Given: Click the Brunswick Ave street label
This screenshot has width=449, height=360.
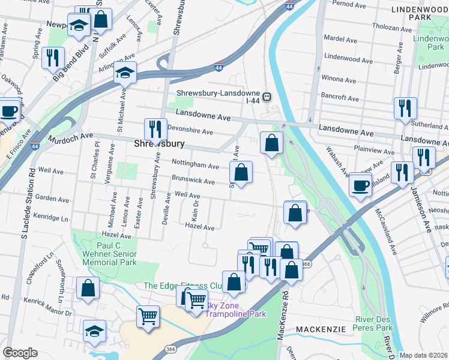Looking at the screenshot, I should (x=193, y=181).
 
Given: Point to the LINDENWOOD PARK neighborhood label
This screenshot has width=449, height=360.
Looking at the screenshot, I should (x=420, y=14).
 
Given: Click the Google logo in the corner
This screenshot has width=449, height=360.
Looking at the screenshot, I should (x=20, y=353).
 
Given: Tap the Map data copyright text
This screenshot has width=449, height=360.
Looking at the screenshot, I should (x=424, y=355).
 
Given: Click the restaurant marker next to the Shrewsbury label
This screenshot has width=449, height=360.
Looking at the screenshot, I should (x=155, y=129).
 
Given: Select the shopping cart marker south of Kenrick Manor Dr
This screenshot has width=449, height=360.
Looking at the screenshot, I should (x=148, y=314).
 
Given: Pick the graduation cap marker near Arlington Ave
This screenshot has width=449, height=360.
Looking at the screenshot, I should (x=125, y=73).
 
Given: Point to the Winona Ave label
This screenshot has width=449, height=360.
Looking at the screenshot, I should (x=340, y=78).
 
